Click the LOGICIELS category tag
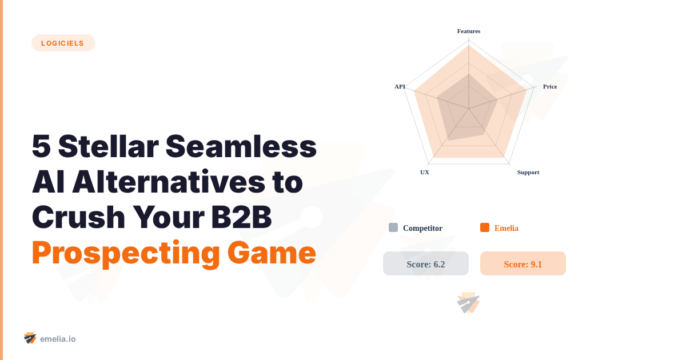(63, 43)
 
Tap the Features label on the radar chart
(469, 31)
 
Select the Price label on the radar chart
(550, 86)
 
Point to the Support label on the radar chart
(528, 172)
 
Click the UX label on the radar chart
(425, 172)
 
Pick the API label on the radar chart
(400, 86)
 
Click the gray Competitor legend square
(393, 227)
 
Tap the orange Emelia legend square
(485, 227)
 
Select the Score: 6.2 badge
(426, 263)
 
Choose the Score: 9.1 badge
(523, 263)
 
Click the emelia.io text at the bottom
(58, 339)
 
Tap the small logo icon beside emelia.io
(30, 338)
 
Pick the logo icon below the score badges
(468, 303)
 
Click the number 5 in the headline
(41, 147)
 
